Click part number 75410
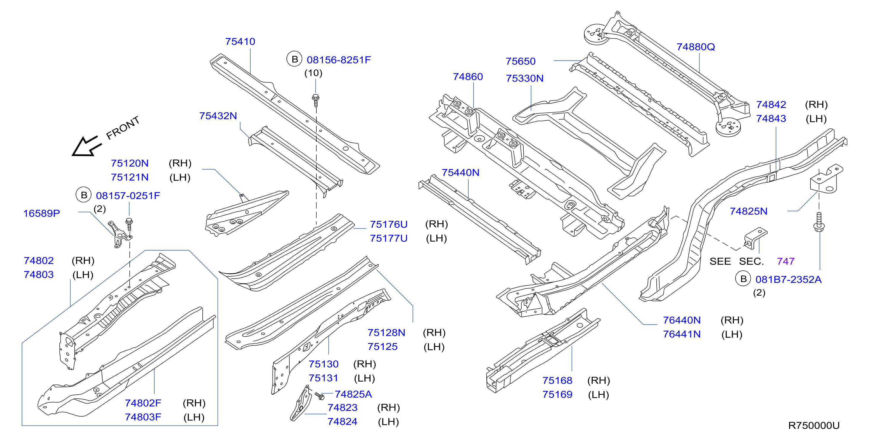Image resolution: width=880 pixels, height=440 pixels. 240,42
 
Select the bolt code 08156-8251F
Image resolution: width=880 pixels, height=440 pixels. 339,60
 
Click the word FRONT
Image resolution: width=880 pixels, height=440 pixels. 123,128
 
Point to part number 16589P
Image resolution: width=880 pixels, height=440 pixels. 41,213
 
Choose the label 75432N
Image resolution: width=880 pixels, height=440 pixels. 218,116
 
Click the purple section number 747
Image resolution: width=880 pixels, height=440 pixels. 786,261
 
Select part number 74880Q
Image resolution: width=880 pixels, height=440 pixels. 695,47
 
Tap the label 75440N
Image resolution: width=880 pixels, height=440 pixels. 461,173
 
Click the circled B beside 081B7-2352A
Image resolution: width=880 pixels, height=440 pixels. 743,279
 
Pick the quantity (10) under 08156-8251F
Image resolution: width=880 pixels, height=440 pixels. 313,73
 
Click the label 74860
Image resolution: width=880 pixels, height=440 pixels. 468,76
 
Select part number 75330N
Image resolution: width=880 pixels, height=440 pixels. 525,78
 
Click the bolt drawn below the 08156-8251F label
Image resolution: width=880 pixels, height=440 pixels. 316,100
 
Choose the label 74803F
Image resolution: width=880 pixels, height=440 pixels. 143,417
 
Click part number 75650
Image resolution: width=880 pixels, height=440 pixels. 521,61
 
